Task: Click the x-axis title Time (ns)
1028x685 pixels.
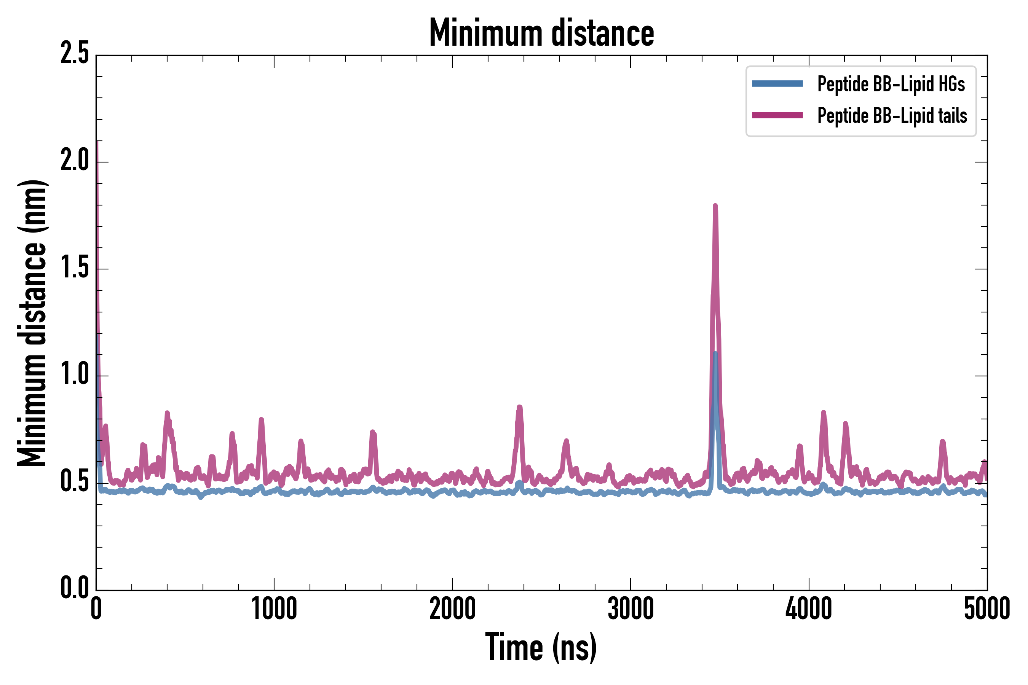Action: coord(541,647)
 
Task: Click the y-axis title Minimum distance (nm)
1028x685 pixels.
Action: coord(32,323)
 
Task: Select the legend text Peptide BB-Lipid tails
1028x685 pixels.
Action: coord(892,116)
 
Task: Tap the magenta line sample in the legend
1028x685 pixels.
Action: coord(777,115)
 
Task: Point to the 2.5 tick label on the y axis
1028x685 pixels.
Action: coord(75,54)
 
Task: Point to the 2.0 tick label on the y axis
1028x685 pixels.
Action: coord(75,161)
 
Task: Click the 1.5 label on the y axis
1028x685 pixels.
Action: coord(75,268)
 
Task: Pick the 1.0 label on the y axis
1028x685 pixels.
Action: coord(75,375)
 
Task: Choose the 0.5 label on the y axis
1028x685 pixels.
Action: coord(75,481)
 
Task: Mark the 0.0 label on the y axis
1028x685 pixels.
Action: coord(75,588)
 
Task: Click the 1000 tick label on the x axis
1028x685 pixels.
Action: coord(274,609)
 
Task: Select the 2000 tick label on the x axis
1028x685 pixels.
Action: coord(452,609)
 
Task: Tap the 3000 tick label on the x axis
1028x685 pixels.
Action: coord(631,609)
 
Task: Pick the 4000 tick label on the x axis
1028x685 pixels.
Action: coord(809,609)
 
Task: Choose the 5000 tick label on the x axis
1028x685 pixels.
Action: coord(987,609)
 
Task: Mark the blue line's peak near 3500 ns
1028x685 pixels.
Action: coord(715,353)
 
